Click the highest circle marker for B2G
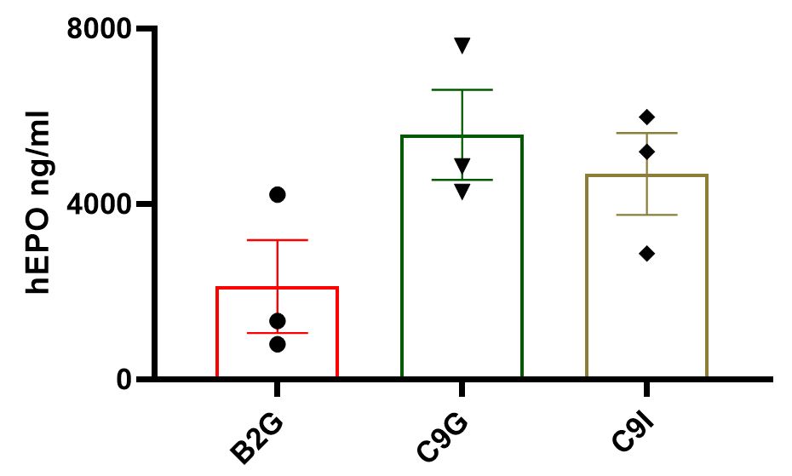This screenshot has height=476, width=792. [278, 195]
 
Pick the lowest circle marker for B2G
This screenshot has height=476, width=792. [278, 344]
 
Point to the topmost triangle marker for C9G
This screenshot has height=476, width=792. [462, 45]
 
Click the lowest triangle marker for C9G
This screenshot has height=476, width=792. [462, 192]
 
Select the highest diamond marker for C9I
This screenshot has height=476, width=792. [646, 117]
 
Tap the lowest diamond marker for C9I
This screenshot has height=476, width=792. [646, 253]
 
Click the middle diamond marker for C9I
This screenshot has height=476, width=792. [646, 152]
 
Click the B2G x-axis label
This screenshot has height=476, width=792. [255, 439]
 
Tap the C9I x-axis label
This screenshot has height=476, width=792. [630, 434]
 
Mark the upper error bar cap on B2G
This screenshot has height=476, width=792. [278, 240]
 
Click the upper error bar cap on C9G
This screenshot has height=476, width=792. [462, 89]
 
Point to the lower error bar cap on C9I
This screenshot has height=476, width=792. [646, 215]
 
